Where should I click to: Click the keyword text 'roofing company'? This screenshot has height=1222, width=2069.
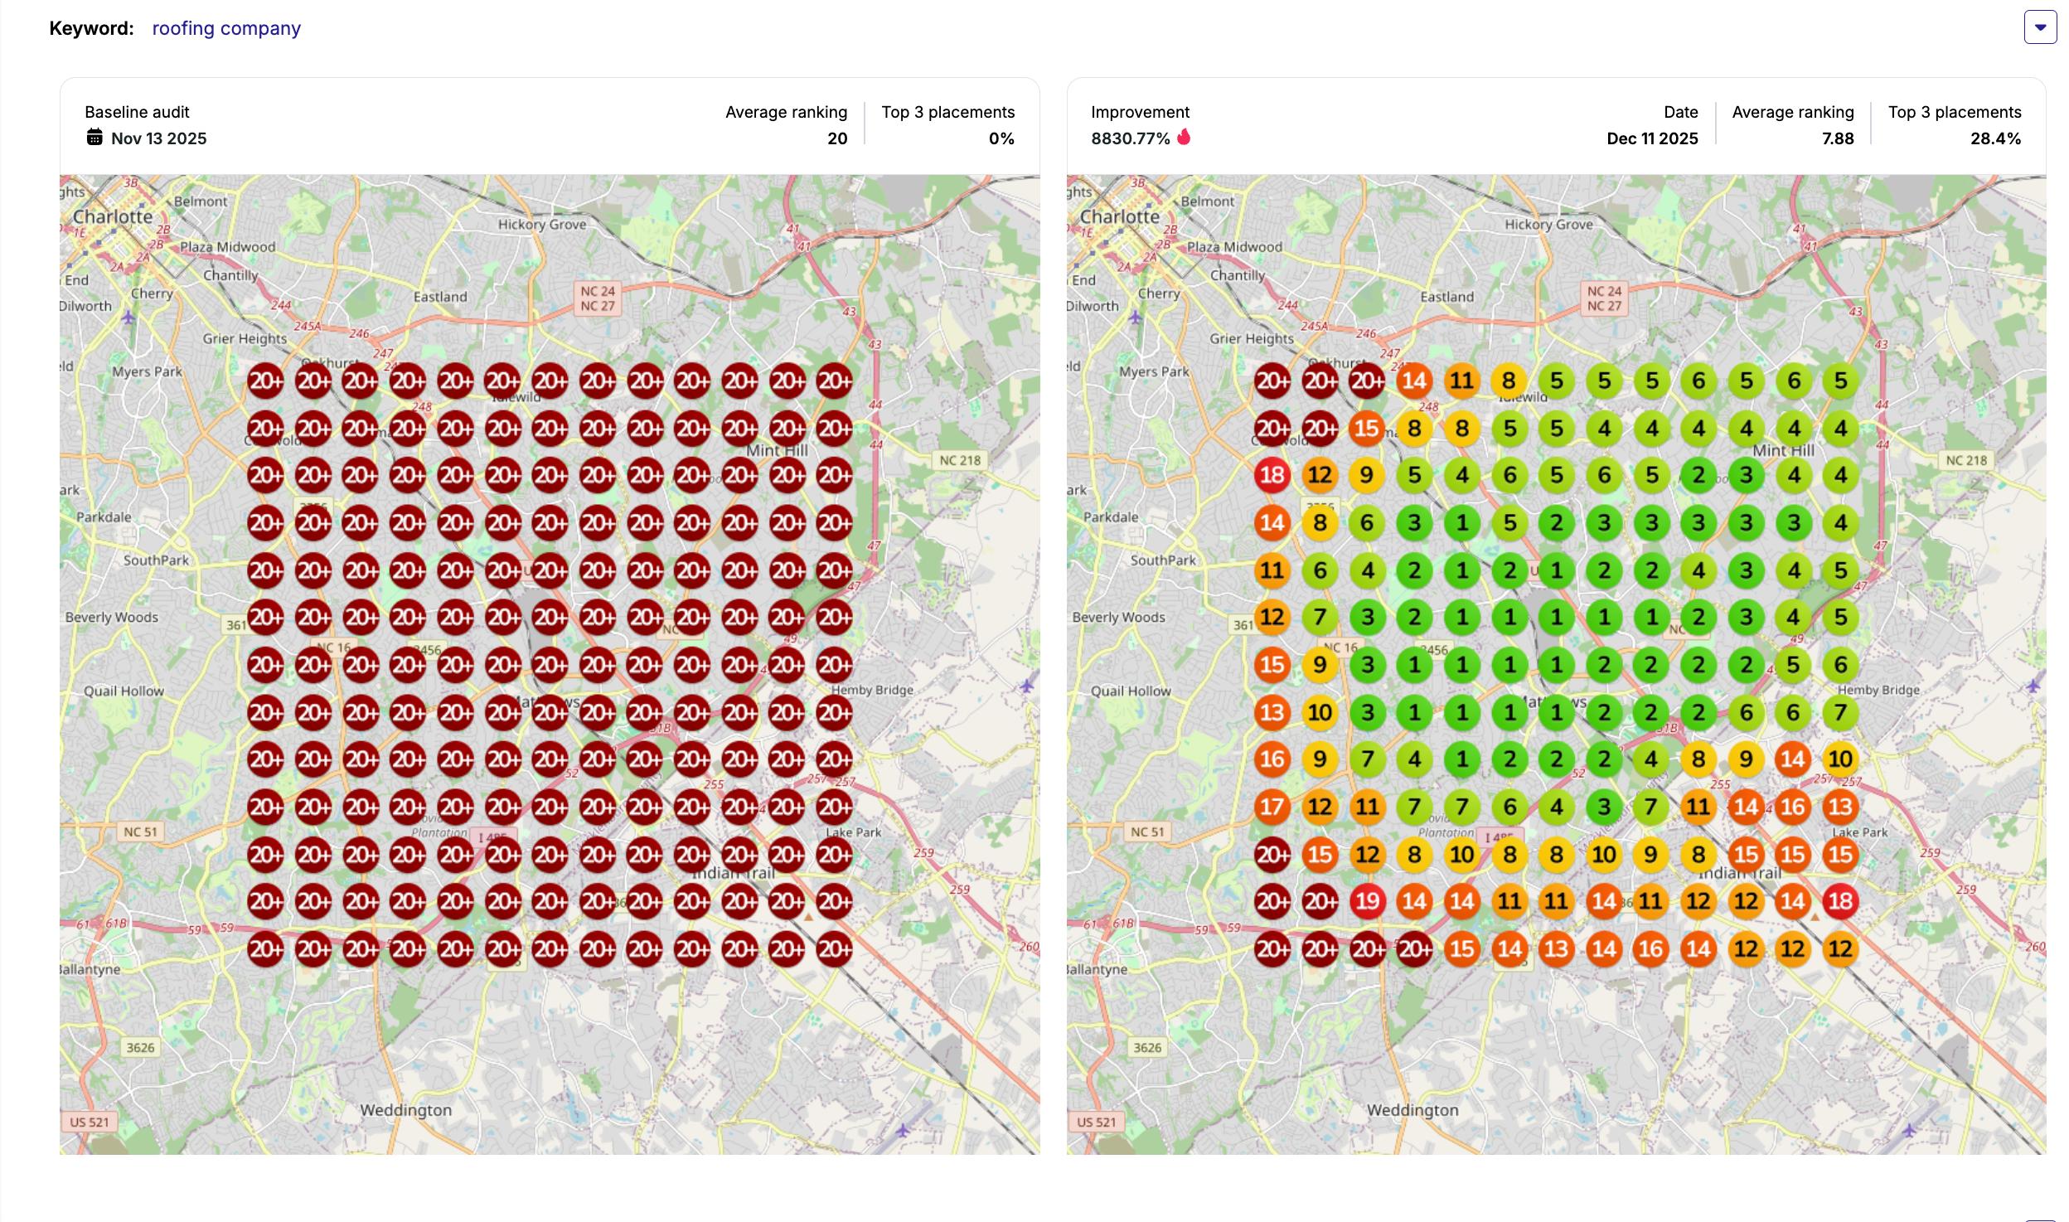click(x=226, y=28)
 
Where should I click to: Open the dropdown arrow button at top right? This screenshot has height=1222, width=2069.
click(x=2040, y=27)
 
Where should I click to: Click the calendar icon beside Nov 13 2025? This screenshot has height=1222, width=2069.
click(x=94, y=138)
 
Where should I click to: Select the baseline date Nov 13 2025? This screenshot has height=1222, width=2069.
click(x=158, y=138)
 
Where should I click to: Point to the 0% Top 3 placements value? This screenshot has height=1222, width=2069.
click(x=1001, y=138)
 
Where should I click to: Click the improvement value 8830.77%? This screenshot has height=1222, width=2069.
click(x=1130, y=138)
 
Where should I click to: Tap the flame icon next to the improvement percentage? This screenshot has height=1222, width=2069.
click(x=1184, y=137)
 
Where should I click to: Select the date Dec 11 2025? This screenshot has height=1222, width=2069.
click(x=1652, y=138)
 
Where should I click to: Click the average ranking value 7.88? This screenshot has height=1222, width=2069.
click(x=1838, y=138)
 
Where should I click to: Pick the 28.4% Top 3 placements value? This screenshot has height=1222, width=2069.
click(x=1995, y=138)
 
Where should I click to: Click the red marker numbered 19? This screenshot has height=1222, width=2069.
click(x=1367, y=901)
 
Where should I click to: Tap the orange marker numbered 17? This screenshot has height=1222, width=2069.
click(x=1272, y=807)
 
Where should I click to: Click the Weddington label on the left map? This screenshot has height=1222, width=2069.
click(x=406, y=1110)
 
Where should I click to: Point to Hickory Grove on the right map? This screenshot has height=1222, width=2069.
click(x=1548, y=225)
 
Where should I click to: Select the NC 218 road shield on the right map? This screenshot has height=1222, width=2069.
click(x=1966, y=460)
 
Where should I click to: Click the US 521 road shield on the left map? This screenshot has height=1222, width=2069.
click(x=90, y=1122)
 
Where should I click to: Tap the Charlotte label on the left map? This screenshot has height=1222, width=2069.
click(x=113, y=216)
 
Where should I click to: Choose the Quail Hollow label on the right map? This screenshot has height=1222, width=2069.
click(x=1131, y=691)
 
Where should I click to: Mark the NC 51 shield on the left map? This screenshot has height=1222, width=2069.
click(x=140, y=832)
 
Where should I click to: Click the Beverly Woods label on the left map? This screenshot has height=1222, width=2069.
click(x=112, y=618)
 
